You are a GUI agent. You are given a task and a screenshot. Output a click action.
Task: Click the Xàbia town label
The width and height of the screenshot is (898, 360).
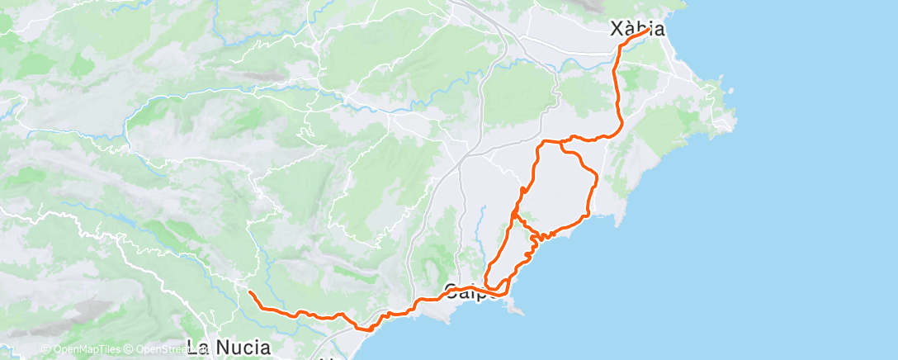[636, 29]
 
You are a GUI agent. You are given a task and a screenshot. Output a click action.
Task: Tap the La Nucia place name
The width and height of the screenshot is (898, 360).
[229, 347]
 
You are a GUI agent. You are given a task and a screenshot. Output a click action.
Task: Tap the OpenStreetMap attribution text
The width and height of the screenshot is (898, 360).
[165, 350]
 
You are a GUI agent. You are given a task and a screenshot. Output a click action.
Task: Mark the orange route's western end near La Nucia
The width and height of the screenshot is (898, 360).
[249, 292]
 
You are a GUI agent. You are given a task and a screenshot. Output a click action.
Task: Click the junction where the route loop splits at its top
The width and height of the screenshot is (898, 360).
[560, 143]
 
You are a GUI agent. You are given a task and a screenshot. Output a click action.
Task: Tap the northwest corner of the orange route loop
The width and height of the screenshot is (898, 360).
[541, 145]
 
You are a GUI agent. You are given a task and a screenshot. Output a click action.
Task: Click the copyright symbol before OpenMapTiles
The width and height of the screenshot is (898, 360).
[46, 350]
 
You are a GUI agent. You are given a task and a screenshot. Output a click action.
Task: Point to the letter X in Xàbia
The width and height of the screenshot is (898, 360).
[616, 29]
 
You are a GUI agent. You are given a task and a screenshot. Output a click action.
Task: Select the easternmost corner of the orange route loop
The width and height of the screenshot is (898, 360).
[595, 176]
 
